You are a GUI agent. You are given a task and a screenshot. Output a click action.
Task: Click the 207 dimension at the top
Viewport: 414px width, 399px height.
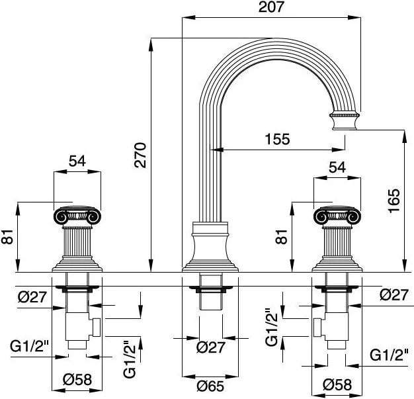[271, 8]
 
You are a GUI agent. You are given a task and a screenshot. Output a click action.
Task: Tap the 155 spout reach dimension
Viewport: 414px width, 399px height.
[276, 140]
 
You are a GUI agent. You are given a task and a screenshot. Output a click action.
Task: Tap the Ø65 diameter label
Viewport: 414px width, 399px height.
[210, 384]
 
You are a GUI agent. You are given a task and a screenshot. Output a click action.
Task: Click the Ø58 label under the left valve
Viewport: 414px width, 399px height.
[77, 381]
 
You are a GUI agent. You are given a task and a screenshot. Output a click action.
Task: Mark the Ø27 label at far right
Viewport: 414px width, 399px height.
[394, 294]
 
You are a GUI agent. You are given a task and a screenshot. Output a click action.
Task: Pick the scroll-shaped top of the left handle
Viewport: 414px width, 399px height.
[78, 216]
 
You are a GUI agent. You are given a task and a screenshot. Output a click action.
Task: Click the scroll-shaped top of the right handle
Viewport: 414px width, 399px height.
[337, 216]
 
